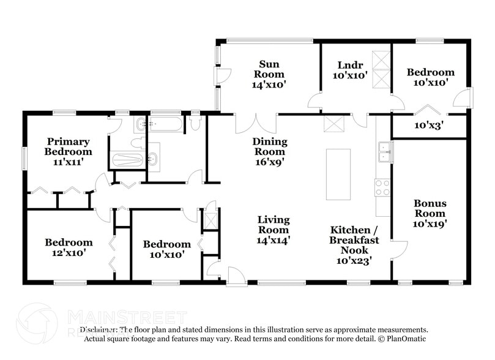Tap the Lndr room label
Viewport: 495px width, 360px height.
350,66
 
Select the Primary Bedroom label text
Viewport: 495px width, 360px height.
69,146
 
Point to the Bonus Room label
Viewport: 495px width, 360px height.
430,208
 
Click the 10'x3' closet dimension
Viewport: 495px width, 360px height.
430,125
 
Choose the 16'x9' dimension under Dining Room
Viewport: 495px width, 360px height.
270,162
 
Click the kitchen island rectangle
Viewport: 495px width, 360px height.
338,174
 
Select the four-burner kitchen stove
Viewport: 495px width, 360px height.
382,187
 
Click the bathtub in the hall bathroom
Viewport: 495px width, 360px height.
165,125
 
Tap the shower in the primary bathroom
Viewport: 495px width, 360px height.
127,160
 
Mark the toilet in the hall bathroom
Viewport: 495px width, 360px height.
196,123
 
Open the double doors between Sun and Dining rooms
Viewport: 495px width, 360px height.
256,122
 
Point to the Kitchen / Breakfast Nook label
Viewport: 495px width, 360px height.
354,240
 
